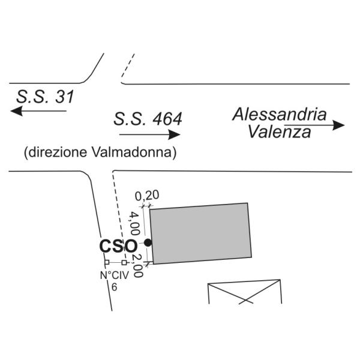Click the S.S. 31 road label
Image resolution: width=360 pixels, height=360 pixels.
click(46, 97)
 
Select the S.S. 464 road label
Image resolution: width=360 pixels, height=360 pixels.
click(147, 118)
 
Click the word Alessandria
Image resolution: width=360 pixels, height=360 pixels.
click(280, 114)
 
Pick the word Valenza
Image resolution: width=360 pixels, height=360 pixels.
click(280, 132)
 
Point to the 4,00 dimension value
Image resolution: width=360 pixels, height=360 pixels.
click(135, 223)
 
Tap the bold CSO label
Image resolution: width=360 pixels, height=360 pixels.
click(117, 246)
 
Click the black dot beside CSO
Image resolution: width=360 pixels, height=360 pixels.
click(147, 243)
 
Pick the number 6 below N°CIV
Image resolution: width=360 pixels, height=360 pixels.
click(114, 287)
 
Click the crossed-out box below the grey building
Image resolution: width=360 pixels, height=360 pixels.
click(244, 292)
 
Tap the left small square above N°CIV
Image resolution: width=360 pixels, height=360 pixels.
click(106, 263)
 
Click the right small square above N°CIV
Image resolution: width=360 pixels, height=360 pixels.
click(124, 263)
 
